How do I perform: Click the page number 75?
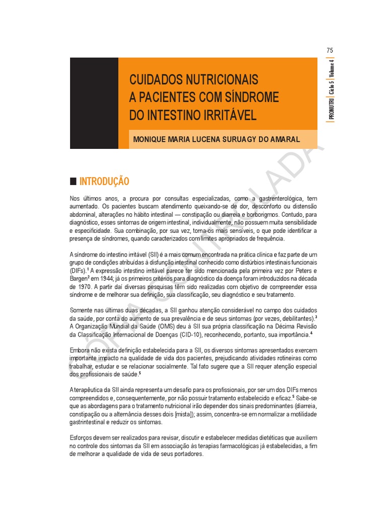330,50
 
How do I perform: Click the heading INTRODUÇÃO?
104,181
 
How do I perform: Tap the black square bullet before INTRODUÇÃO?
73,181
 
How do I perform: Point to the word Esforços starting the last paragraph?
82,438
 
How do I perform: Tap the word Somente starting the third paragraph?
83,311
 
